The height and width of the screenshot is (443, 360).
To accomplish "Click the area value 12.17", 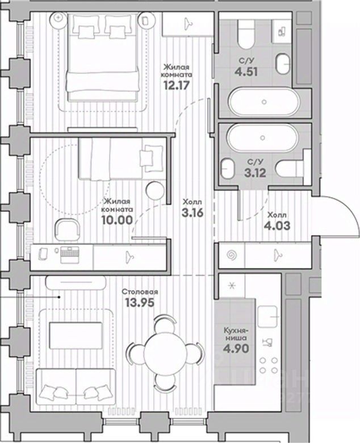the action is click(x=177, y=85).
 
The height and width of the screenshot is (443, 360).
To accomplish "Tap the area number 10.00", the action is click(x=117, y=220).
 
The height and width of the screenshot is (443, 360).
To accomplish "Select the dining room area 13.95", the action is click(x=140, y=303).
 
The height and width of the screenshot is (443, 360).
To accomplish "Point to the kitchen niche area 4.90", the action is click(x=236, y=348).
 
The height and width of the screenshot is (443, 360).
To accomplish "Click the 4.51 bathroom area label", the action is click(x=246, y=72).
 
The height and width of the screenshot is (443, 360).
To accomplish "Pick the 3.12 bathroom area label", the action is click(x=256, y=173).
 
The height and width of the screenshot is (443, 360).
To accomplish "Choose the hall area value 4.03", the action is click(x=277, y=225).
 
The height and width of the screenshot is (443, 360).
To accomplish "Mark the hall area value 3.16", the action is click(x=192, y=213).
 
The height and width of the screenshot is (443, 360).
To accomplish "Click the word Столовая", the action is click(x=140, y=291).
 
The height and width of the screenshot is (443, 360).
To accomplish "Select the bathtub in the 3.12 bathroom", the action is click(x=262, y=137).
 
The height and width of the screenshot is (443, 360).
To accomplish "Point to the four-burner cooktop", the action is click(x=269, y=365).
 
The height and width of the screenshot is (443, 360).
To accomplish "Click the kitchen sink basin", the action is click(x=267, y=317).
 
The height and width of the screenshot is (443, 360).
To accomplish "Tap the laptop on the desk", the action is click(x=70, y=255).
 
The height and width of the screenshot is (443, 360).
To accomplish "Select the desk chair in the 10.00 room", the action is click(x=67, y=229).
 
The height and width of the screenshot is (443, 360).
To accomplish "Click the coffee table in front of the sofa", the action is click(x=76, y=335).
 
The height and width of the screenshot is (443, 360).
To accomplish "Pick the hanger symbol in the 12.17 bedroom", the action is click(x=187, y=24).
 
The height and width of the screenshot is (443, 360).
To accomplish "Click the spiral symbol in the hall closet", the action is click(x=232, y=256).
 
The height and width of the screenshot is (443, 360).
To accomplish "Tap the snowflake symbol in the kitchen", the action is click(x=232, y=286).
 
